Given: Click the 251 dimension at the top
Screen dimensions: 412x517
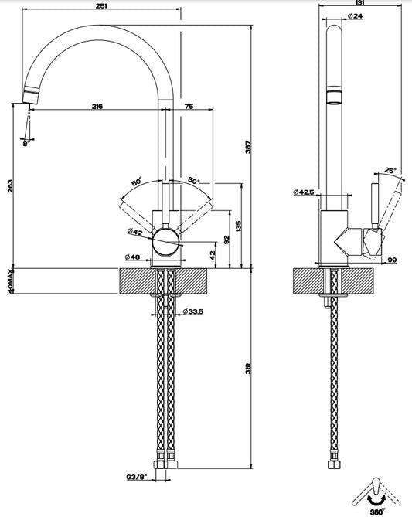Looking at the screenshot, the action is pos(100,5).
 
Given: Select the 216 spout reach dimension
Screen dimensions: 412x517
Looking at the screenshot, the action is pos(97,106).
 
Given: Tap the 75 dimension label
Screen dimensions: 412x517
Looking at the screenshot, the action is pos(189,106).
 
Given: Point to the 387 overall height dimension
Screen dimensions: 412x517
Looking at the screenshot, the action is pos(248,147).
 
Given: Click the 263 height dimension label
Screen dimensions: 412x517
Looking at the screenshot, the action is pos(10,186).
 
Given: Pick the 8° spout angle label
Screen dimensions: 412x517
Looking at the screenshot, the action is pos(26,144).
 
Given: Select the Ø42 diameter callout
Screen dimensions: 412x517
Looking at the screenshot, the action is pos(135,232).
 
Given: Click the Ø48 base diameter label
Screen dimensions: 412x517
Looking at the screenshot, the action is pos(132,257).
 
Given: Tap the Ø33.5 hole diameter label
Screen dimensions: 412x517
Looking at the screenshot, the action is pos(193,311).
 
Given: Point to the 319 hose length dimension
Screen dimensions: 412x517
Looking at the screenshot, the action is pos(248,369).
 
